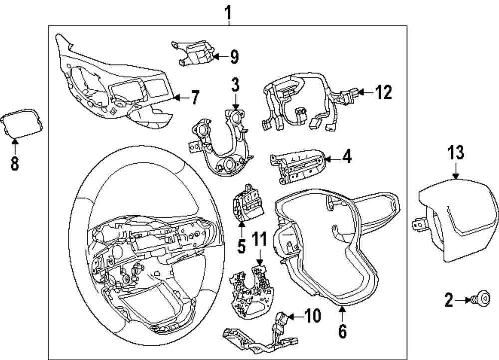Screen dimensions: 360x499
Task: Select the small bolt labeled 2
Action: pyautogui.click(x=483, y=299)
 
